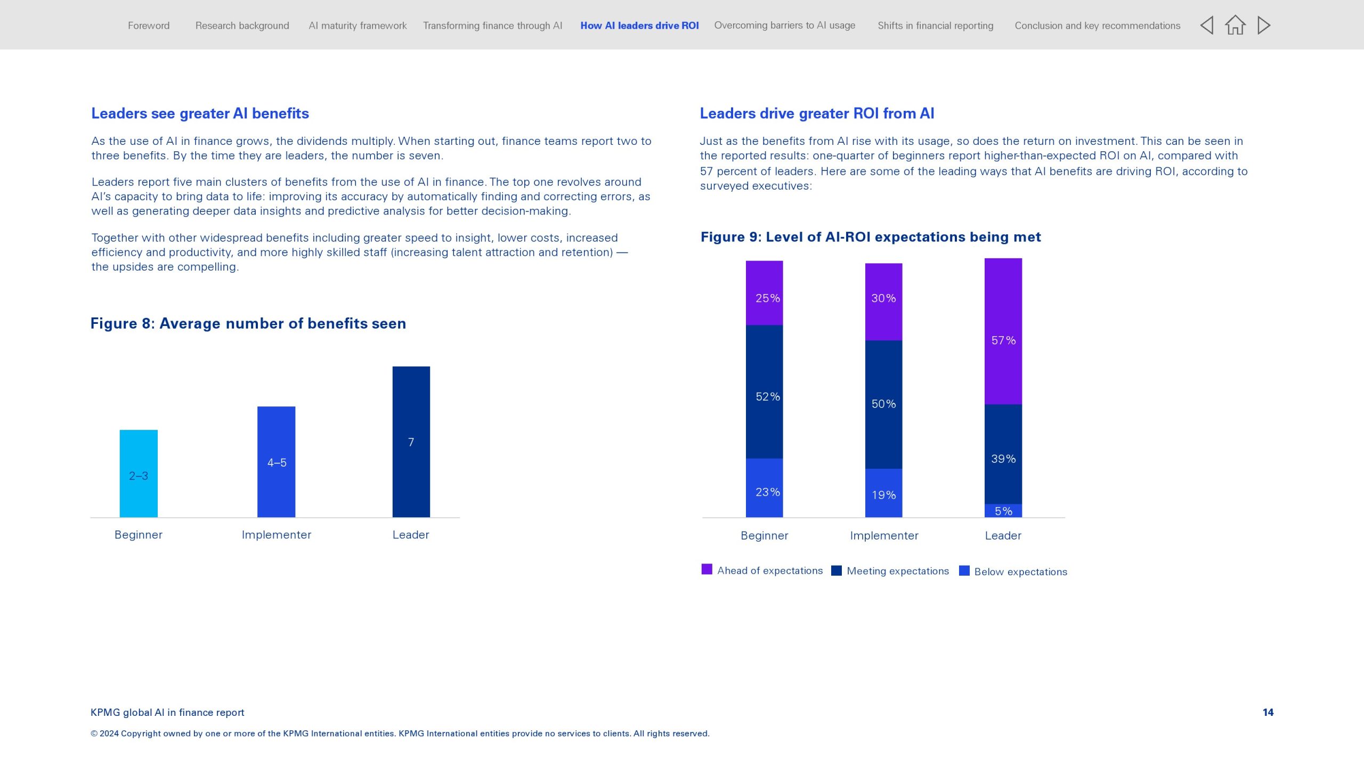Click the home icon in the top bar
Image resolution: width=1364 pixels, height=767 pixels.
pyautogui.click(x=1235, y=25)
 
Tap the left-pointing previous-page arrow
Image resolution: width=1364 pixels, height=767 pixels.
pyautogui.click(x=1207, y=25)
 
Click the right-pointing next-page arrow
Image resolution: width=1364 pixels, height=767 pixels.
pyautogui.click(x=1264, y=25)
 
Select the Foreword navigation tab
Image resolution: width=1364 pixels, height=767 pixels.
pyautogui.click(x=149, y=26)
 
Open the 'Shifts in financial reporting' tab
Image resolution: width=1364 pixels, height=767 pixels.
pyautogui.click(x=935, y=26)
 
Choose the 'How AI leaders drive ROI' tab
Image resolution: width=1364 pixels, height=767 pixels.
pyautogui.click(x=639, y=26)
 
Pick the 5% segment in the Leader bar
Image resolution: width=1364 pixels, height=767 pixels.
pyautogui.click(x=1003, y=510)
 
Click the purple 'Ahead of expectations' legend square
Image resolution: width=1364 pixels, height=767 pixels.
pyautogui.click(x=707, y=569)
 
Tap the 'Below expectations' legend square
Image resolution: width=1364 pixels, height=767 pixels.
pyautogui.click(x=964, y=570)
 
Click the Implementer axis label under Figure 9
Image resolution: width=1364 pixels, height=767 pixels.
pyautogui.click(x=884, y=535)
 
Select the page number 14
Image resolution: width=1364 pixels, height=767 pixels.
pyautogui.click(x=1268, y=712)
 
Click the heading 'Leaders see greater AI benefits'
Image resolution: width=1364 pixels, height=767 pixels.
pyautogui.click(x=200, y=113)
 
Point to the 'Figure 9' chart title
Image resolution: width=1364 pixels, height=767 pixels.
pyautogui.click(x=870, y=237)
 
